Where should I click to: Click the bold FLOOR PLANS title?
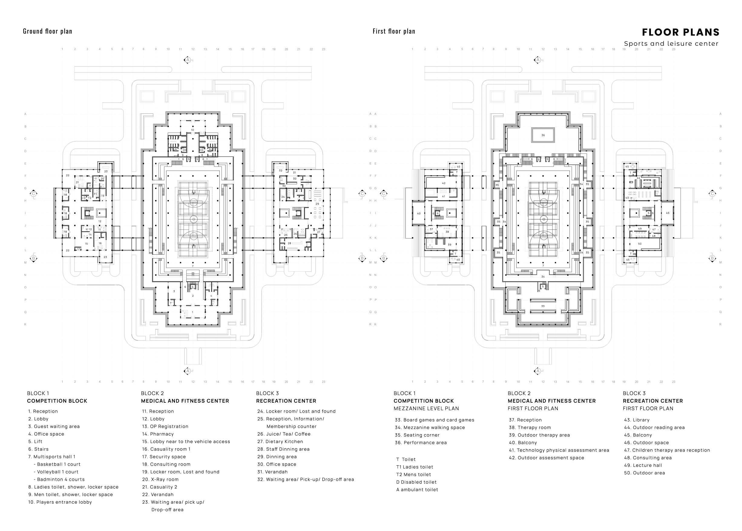point(681,32)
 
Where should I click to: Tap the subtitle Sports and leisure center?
point(671,44)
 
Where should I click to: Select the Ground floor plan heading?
point(48,31)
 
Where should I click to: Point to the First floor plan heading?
point(394,31)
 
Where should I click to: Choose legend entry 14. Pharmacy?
point(158,434)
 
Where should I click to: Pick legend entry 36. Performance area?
point(421,443)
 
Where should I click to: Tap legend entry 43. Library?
point(636,420)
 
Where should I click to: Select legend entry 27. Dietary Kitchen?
point(280,441)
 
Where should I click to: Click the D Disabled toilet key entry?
point(416,482)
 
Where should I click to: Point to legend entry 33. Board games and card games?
point(435,420)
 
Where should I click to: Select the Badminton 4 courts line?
point(59,479)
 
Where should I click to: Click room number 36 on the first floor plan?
point(543,135)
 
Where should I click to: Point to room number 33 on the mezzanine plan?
point(543,306)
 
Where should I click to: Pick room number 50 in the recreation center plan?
point(640,244)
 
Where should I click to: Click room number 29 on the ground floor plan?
point(317,204)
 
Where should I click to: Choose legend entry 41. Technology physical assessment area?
point(559,450)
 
